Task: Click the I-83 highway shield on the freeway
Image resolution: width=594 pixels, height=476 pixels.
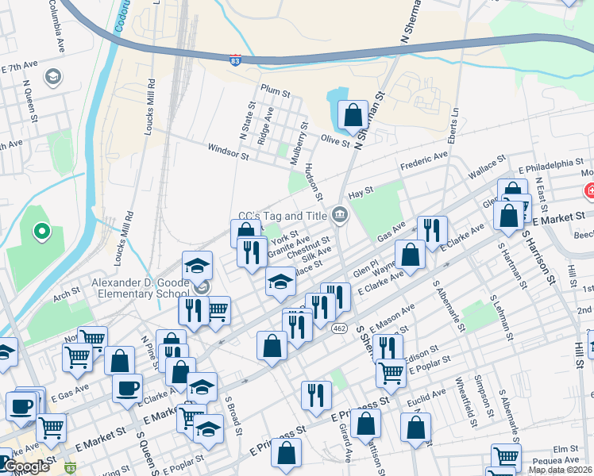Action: (235, 60)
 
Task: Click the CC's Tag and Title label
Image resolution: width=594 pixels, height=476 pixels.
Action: (283, 216)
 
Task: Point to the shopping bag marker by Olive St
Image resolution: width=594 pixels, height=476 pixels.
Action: (352, 117)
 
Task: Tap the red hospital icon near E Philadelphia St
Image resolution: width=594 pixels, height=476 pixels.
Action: (589, 191)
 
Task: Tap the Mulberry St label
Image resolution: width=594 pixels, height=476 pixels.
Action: (299, 142)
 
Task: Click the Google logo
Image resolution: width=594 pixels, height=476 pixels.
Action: (26, 466)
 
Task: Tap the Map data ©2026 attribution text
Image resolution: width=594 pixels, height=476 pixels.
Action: (559, 470)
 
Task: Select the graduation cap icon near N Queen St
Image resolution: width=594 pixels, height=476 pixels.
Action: (53, 78)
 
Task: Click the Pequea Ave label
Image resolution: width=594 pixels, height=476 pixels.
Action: (561, 459)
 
